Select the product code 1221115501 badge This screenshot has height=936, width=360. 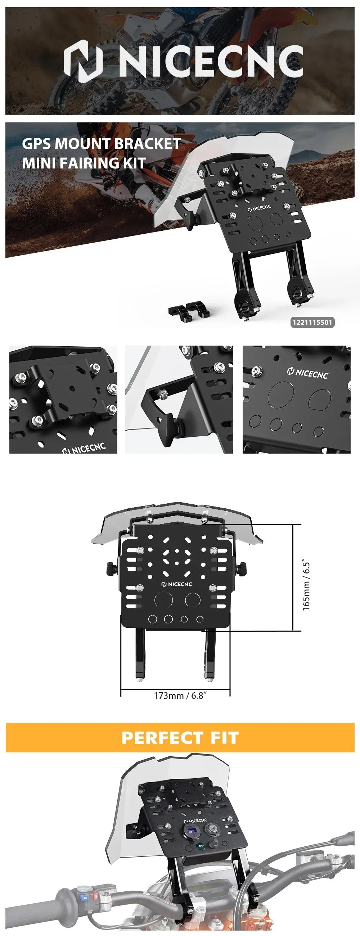[x=312, y=322]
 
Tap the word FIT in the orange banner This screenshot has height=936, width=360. [x=224, y=738]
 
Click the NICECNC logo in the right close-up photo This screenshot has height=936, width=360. [x=307, y=373]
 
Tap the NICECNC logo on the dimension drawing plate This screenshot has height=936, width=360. [x=176, y=584]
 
